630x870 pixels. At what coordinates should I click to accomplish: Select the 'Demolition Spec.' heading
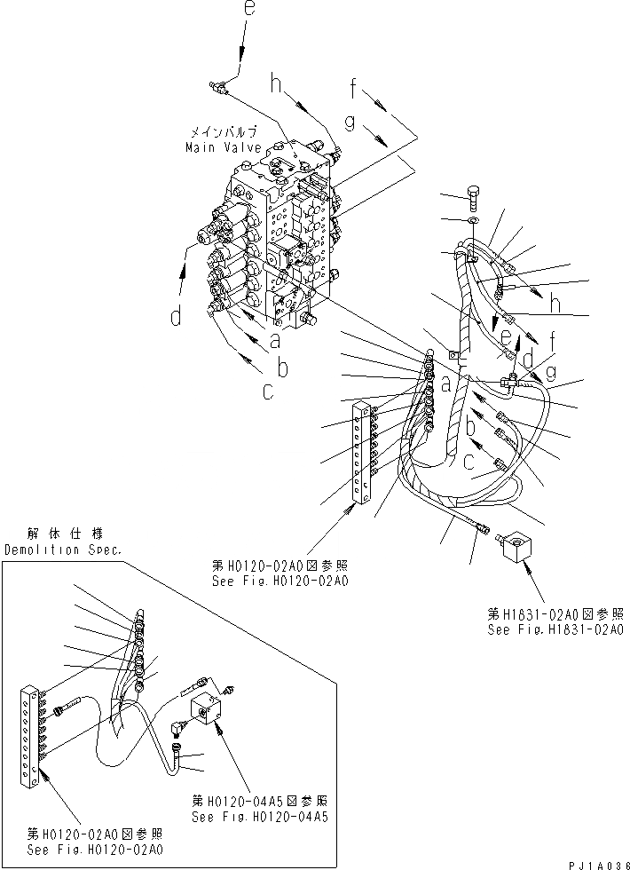point(63,550)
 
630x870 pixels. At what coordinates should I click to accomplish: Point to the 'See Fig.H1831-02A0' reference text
point(555,629)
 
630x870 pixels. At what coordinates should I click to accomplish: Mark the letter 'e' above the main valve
point(248,12)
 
